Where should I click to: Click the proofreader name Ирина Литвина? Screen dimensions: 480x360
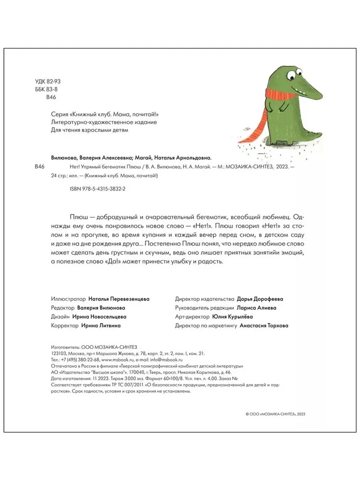100,325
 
